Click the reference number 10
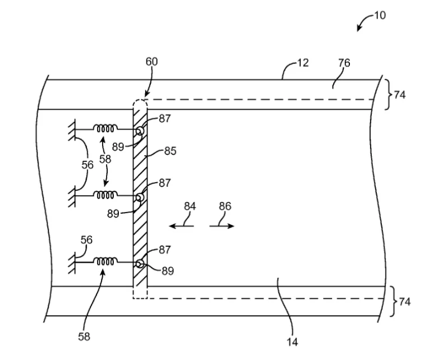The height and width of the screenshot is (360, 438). [380, 15]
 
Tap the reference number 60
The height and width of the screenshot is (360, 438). [151, 62]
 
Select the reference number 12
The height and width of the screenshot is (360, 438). [303, 63]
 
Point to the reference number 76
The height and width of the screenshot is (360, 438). [344, 63]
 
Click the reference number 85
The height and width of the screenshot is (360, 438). [170, 151]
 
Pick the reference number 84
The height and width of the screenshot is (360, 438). [190, 206]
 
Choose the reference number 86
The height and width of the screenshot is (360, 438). [225, 206]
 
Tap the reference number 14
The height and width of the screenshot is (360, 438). [292, 342]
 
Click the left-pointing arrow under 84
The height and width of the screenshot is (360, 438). [182, 225]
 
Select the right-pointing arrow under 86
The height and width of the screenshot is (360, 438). [222, 225]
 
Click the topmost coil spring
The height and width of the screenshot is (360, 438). [105, 128]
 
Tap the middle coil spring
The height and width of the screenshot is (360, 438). [105, 195]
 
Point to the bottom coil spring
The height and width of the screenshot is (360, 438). [105, 261]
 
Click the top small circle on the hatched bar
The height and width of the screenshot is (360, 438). [140, 131]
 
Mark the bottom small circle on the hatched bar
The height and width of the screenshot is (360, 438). [140, 264]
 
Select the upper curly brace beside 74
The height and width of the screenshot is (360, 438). [388, 94]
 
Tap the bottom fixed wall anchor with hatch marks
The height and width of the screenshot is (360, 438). [72, 262]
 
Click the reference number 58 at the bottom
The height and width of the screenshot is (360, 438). [84, 337]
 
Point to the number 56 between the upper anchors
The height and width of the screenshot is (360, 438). [87, 165]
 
